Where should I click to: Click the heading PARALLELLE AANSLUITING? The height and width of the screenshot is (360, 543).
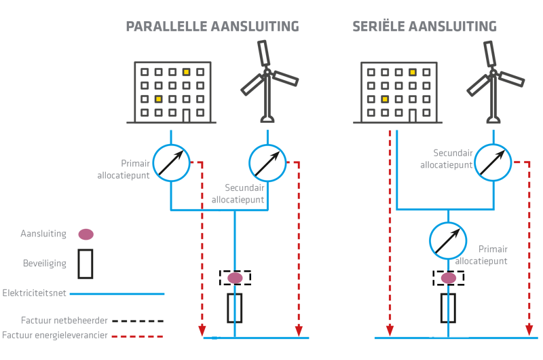coord(212,27)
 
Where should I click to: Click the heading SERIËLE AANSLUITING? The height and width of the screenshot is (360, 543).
coord(424,27)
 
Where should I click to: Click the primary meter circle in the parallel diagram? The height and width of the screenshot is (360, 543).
coord(171,162)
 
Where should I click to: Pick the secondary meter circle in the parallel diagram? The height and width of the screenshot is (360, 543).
coord(267,162)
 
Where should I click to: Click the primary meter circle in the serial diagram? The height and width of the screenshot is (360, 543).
coord(448,240)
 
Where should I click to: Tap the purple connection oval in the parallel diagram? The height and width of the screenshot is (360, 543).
coord(235,278)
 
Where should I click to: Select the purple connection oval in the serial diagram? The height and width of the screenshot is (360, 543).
coord(449,278)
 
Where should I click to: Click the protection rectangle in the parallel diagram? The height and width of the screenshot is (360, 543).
coord(235,308)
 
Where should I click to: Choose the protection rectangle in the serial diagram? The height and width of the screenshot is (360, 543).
coord(448,308)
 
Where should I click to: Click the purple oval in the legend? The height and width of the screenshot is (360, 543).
coord(86,234)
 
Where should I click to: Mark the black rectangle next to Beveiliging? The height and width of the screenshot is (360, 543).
coord(86,264)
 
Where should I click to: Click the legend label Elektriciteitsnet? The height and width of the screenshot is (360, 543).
coord(35,293)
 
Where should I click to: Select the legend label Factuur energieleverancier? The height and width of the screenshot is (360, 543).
coord(54,335)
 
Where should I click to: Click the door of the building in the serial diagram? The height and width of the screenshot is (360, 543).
coord(412,115)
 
